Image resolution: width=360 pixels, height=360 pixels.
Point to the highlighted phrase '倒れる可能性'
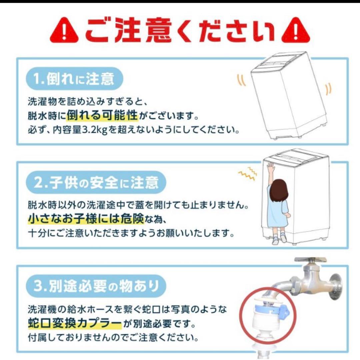pos(102,116)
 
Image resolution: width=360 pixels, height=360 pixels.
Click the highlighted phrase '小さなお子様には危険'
pos(86,219)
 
